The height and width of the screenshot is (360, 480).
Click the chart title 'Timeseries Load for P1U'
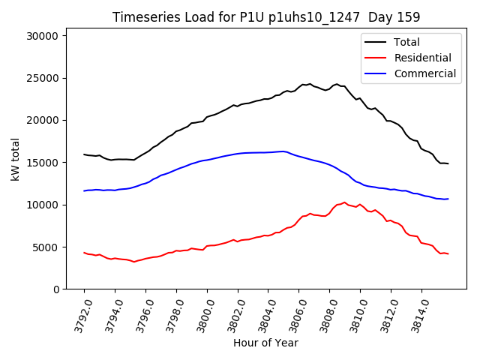pyautogui.click(x=266, y=17)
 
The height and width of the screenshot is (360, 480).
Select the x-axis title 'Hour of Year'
pyautogui.click(x=265, y=343)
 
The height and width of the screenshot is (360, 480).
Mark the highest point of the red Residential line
pyautogui.click(x=344, y=202)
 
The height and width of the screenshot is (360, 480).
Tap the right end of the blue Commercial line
pyautogui.click(x=448, y=199)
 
